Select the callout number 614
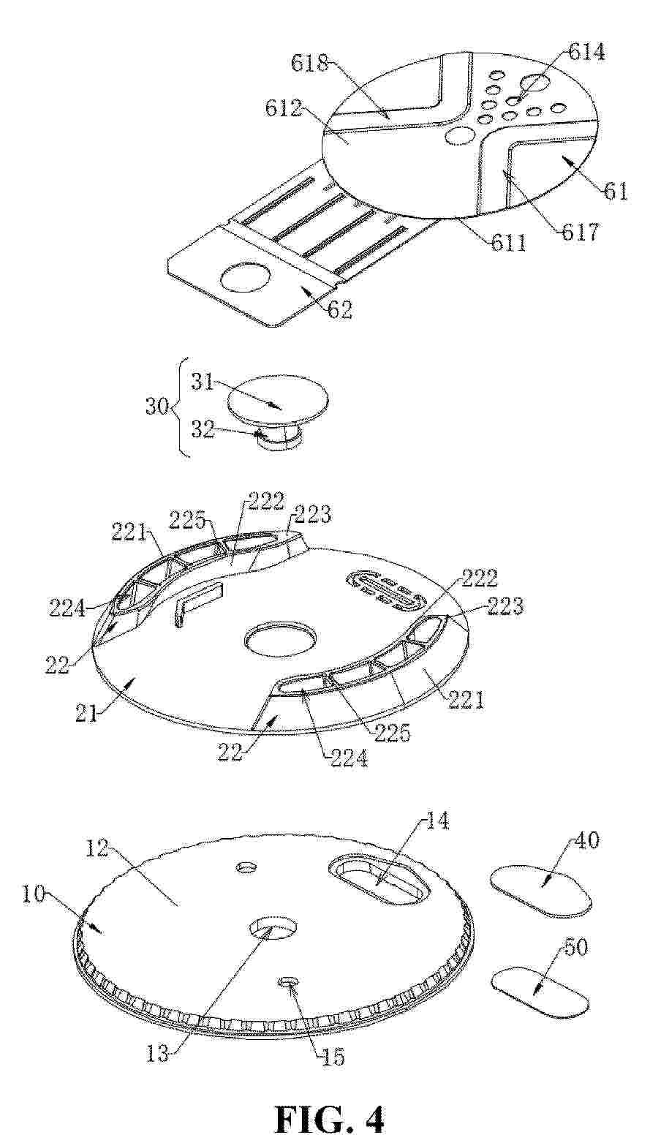click(586, 52)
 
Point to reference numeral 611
click(509, 243)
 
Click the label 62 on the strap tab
click(340, 309)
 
